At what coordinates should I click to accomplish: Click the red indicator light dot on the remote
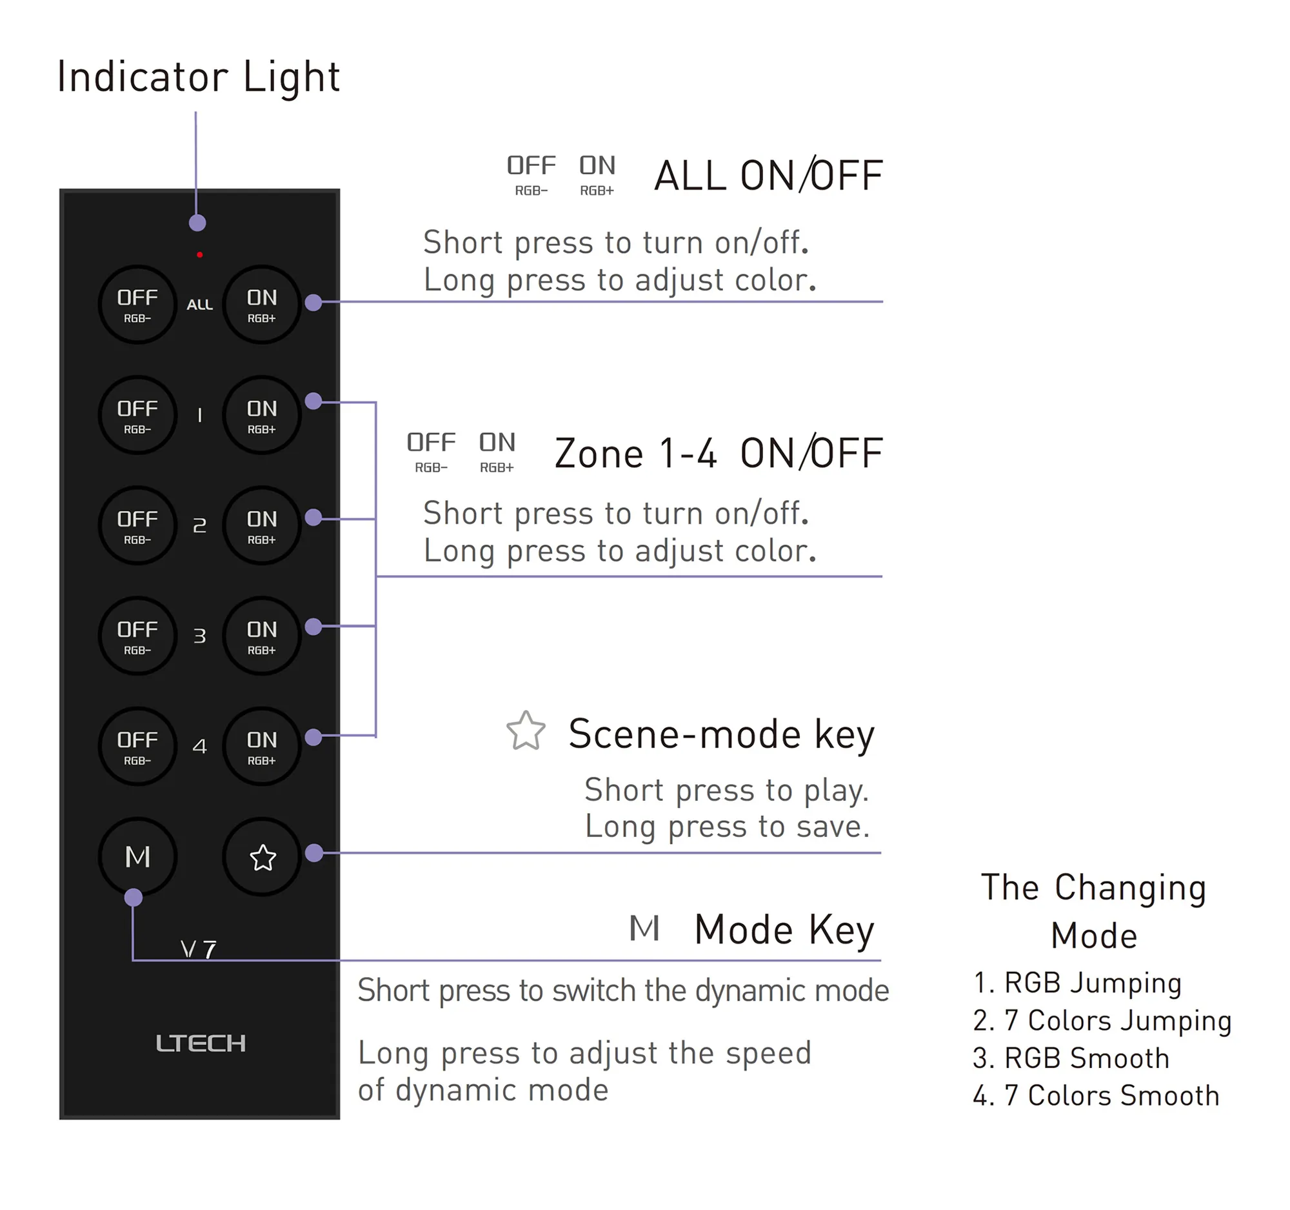point(200,255)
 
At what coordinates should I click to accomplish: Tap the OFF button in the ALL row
point(137,305)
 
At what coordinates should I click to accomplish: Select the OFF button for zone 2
point(137,526)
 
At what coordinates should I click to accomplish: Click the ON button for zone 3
point(261,636)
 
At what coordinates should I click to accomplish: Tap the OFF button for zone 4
point(137,747)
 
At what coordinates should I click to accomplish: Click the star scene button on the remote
point(262,858)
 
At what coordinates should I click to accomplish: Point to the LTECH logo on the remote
point(201,1043)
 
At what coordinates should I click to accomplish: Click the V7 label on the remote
point(199,950)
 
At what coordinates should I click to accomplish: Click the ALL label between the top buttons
point(200,305)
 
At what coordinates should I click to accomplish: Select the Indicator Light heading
point(198,77)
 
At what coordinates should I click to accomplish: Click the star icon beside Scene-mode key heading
point(526,731)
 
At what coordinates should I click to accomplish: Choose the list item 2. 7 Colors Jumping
point(1102,1020)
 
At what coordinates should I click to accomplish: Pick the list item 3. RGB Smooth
point(1071,1058)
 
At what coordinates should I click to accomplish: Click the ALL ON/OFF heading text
point(768,176)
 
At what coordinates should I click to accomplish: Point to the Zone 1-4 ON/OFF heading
point(719,453)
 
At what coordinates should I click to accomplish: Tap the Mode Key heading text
point(784,929)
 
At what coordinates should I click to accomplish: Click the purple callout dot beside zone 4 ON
point(313,737)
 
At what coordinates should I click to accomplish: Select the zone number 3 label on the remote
point(200,636)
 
